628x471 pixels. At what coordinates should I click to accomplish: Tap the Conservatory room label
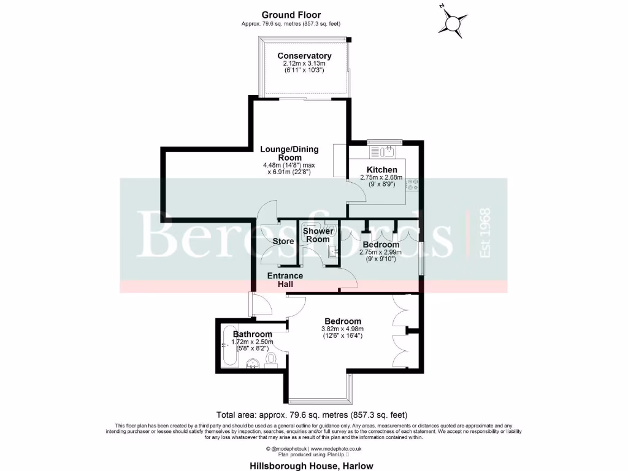coord(300,56)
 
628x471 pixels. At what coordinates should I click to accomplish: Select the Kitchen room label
coord(381,169)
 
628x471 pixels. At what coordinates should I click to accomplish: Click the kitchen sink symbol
coord(387,151)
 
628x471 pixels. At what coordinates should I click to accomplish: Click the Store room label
coord(283,242)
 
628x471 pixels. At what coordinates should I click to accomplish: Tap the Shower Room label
coord(318,235)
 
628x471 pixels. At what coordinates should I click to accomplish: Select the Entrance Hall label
coord(285,280)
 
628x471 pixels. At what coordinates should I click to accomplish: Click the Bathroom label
coord(252,334)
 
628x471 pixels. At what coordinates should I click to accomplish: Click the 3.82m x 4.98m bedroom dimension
coord(342,329)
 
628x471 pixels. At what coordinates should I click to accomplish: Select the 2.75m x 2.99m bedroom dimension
coord(380,252)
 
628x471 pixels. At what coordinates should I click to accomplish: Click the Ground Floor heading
coord(291,15)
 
